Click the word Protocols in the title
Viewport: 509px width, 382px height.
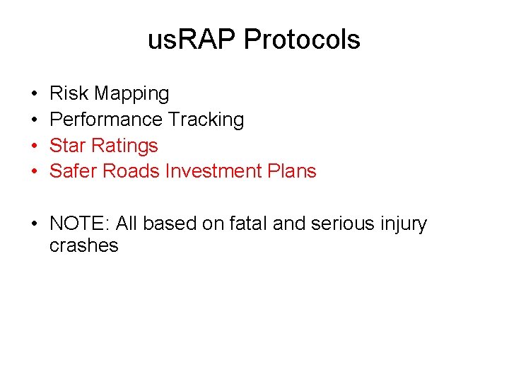[x=302, y=40]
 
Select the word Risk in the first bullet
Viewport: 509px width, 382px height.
[x=69, y=93]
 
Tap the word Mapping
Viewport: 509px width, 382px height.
[x=132, y=94]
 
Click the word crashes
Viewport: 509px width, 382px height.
[x=83, y=246]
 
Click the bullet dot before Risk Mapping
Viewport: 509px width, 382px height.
[x=34, y=94]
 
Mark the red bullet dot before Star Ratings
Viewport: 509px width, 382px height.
[x=34, y=146]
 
